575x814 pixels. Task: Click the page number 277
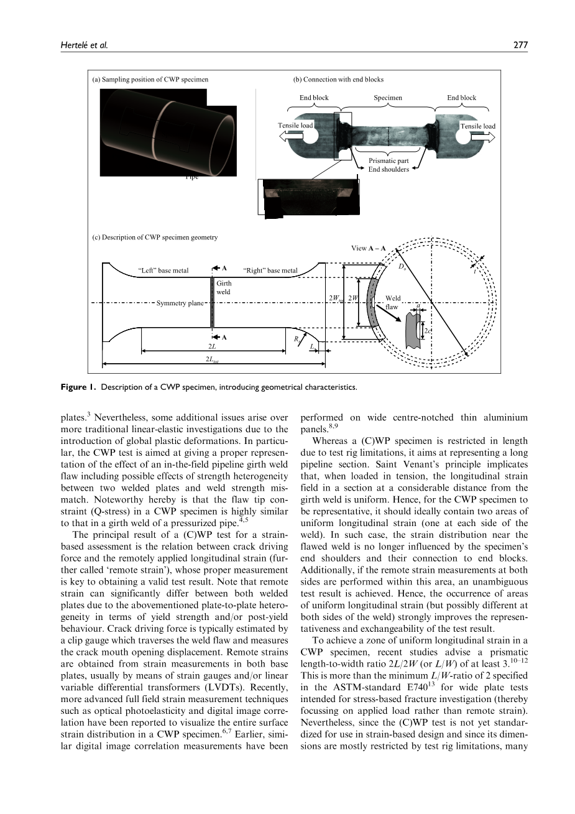coord(521,45)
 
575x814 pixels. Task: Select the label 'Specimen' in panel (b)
coord(387,98)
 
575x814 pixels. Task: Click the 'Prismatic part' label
coord(389,161)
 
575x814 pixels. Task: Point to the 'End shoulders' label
coord(389,169)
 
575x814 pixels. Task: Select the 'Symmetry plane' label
coord(180,303)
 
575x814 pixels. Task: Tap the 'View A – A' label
coord(368,248)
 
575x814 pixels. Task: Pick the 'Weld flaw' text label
coord(393,302)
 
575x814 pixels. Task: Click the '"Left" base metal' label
coord(162,271)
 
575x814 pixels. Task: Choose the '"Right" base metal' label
coord(270,271)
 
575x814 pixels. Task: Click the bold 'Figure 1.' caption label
coord(78,387)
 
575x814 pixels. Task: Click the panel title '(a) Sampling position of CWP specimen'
coord(150,80)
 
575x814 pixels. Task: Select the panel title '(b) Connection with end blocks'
coord(338,80)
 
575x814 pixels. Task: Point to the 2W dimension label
coord(353,298)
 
